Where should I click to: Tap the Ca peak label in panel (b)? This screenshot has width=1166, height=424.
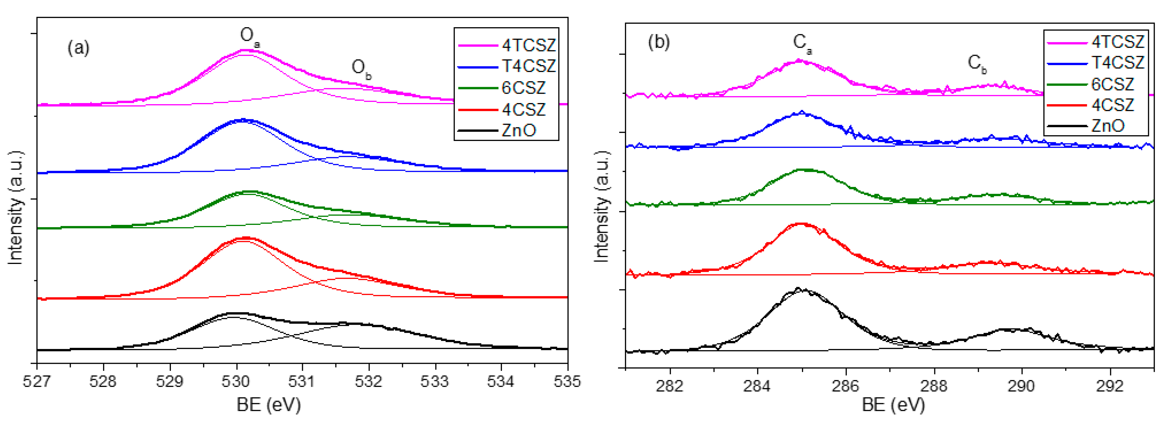point(802,43)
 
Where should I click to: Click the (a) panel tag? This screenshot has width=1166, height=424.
point(78,47)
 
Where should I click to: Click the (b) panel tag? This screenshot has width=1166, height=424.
point(659,42)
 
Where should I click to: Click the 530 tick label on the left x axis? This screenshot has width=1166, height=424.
point(236,381)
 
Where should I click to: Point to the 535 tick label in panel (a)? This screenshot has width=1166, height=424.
point(567,381)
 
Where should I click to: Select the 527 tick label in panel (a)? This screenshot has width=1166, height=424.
point(37,381)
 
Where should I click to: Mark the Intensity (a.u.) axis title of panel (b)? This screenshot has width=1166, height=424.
point(601,206)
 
